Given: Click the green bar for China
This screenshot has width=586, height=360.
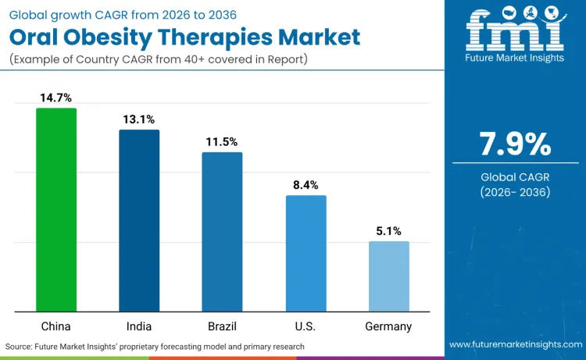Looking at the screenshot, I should tap(56, 210).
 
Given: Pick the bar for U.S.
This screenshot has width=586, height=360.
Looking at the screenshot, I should tap(306, 254).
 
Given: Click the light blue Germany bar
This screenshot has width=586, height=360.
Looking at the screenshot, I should tap(388, 276).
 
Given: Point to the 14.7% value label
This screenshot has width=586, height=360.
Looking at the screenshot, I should tap(56, 98).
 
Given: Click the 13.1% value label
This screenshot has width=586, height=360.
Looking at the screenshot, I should tap(139, 119).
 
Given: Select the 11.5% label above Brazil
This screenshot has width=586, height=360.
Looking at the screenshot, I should tap(222, 142).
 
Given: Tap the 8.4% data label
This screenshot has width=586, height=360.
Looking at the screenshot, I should tap(306, 185).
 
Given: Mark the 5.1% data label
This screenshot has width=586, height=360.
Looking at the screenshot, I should tap(388, 231).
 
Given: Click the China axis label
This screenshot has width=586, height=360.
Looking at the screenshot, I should tap(56, 326).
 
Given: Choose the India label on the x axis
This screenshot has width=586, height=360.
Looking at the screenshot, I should tap(139, 326).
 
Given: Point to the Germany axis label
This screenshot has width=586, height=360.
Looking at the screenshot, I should tap(388, 326).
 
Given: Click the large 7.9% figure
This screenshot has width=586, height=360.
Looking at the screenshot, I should tap(515, 144).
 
